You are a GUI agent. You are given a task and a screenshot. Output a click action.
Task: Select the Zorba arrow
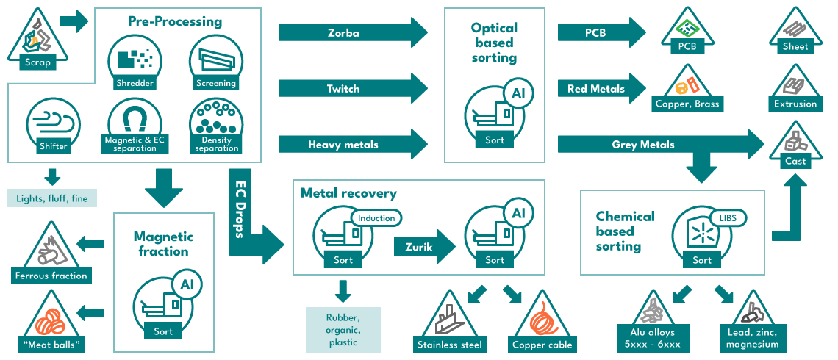coord(354,32)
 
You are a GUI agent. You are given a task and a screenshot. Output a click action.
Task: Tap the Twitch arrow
coord(354,89)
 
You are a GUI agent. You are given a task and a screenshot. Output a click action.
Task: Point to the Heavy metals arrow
coord(354,144)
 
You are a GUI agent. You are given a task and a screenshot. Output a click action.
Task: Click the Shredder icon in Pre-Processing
coord(135,62)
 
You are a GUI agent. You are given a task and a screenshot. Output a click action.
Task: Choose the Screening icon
coord(216,62)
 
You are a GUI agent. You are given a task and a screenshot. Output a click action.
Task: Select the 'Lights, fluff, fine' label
coord(52,198)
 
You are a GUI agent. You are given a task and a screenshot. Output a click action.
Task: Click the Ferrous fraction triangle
coord(51,252)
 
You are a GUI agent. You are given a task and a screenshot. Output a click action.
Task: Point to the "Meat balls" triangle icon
coord(51,322)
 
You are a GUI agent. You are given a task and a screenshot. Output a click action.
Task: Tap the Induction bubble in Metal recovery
coord(376,218)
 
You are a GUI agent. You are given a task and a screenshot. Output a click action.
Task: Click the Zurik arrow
coord(424,246)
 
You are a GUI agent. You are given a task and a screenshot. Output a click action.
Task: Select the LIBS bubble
coord(728,218)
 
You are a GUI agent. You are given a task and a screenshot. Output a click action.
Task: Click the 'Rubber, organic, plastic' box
coord(343,330)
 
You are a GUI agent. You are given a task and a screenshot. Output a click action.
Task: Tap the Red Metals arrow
coord(601,89)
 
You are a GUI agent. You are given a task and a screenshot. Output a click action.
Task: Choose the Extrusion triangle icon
coord(796,87)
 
